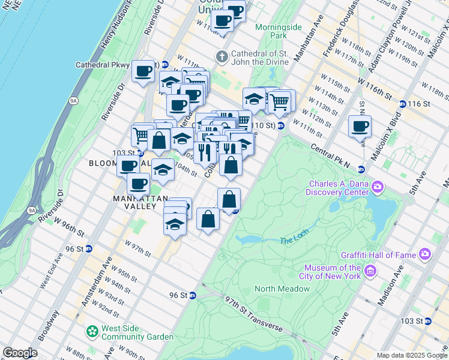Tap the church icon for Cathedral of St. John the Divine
(x=222, y=57)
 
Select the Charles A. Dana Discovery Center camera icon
(x=378, y=187)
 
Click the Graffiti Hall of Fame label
(x=385, y=254)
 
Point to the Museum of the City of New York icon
(x=370, y=272)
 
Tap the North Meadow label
(x=282, y=289)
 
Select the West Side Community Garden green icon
(x=92, y=331)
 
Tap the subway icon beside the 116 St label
(x=402, y=104)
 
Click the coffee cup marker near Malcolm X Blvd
(x=360, y=127)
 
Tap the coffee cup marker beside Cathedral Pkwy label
(x=143, y=72)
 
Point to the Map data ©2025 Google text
(x=411, y=355)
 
